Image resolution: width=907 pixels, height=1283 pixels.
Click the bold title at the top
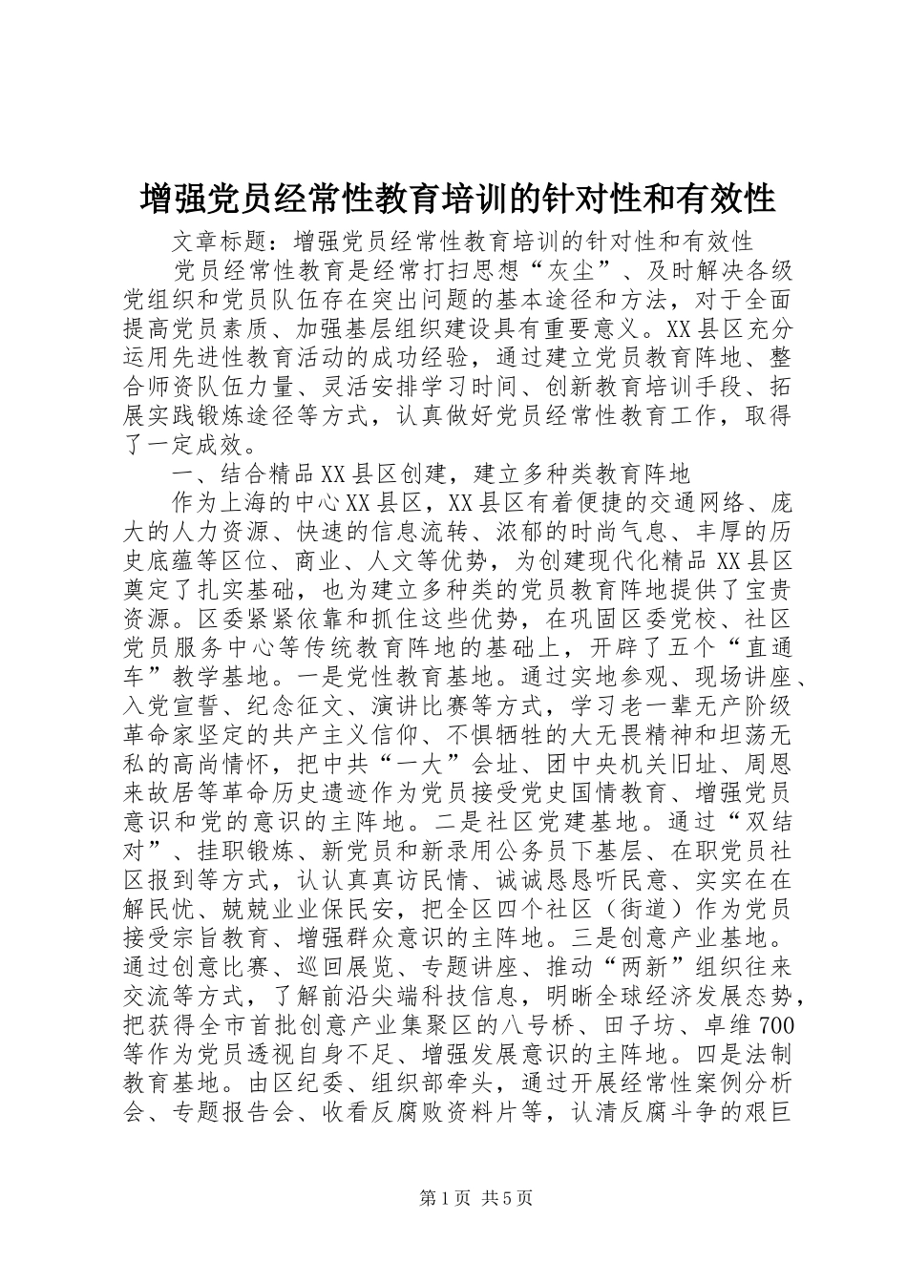[x=456, y=199]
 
